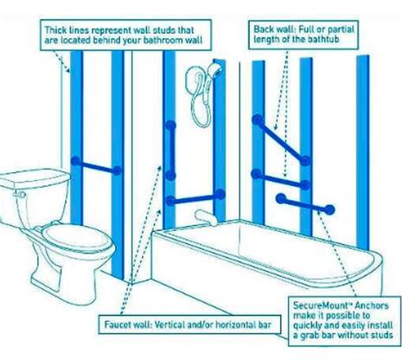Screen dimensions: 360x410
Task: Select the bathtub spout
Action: pos(205,210)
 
